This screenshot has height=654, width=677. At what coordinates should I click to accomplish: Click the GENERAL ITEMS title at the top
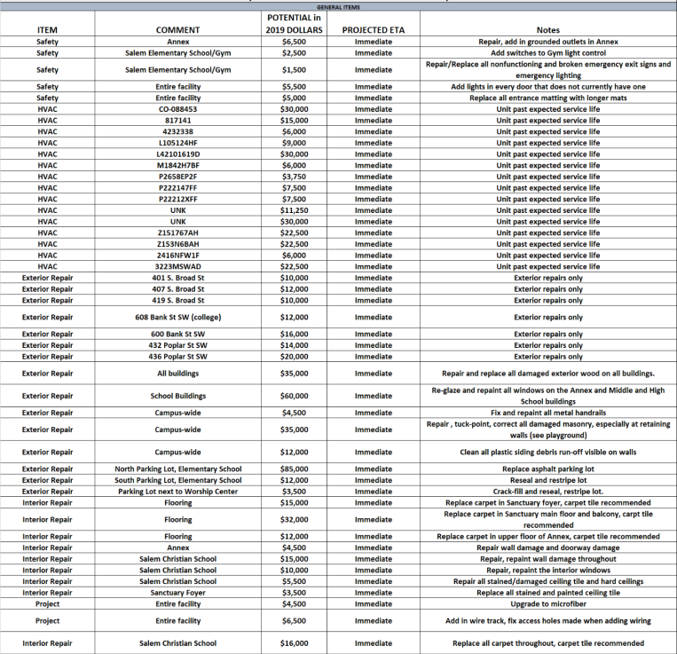click(338, 6)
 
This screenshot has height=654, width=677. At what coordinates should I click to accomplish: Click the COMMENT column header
click(177, 30)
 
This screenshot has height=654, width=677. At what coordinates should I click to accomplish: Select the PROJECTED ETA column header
click(374, 30)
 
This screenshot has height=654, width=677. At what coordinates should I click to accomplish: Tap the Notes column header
click(548, 30)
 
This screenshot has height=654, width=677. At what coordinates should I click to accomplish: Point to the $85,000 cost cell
click(294, 469)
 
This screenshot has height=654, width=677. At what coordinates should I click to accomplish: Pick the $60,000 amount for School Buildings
click(294, 396)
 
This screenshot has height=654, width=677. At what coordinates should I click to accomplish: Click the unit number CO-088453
click(177, 109)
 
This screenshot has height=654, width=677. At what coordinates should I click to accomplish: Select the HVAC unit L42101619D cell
click(177, 154)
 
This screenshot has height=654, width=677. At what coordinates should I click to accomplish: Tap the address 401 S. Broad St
click(177, 278)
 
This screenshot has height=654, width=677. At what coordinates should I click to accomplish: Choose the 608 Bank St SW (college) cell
click(177, 317)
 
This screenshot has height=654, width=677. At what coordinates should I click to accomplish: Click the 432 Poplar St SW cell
click(177, 345)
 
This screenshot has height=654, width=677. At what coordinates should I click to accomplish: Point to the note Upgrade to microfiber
click(548, 604)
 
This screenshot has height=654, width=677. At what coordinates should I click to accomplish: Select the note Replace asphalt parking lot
click(548, 469)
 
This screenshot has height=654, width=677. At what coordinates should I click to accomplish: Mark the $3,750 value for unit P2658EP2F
click(294, 177)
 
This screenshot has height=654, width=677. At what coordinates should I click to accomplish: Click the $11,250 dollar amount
click(294, 210)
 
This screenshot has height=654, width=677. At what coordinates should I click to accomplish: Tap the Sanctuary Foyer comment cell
click(177, 593)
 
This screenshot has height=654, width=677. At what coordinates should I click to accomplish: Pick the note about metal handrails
click(548, 413)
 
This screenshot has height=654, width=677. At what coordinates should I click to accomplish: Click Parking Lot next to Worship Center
click(177, 491)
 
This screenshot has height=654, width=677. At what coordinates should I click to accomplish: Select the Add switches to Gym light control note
click(548, 53)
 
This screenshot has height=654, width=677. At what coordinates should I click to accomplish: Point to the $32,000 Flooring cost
click(294, 519)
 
